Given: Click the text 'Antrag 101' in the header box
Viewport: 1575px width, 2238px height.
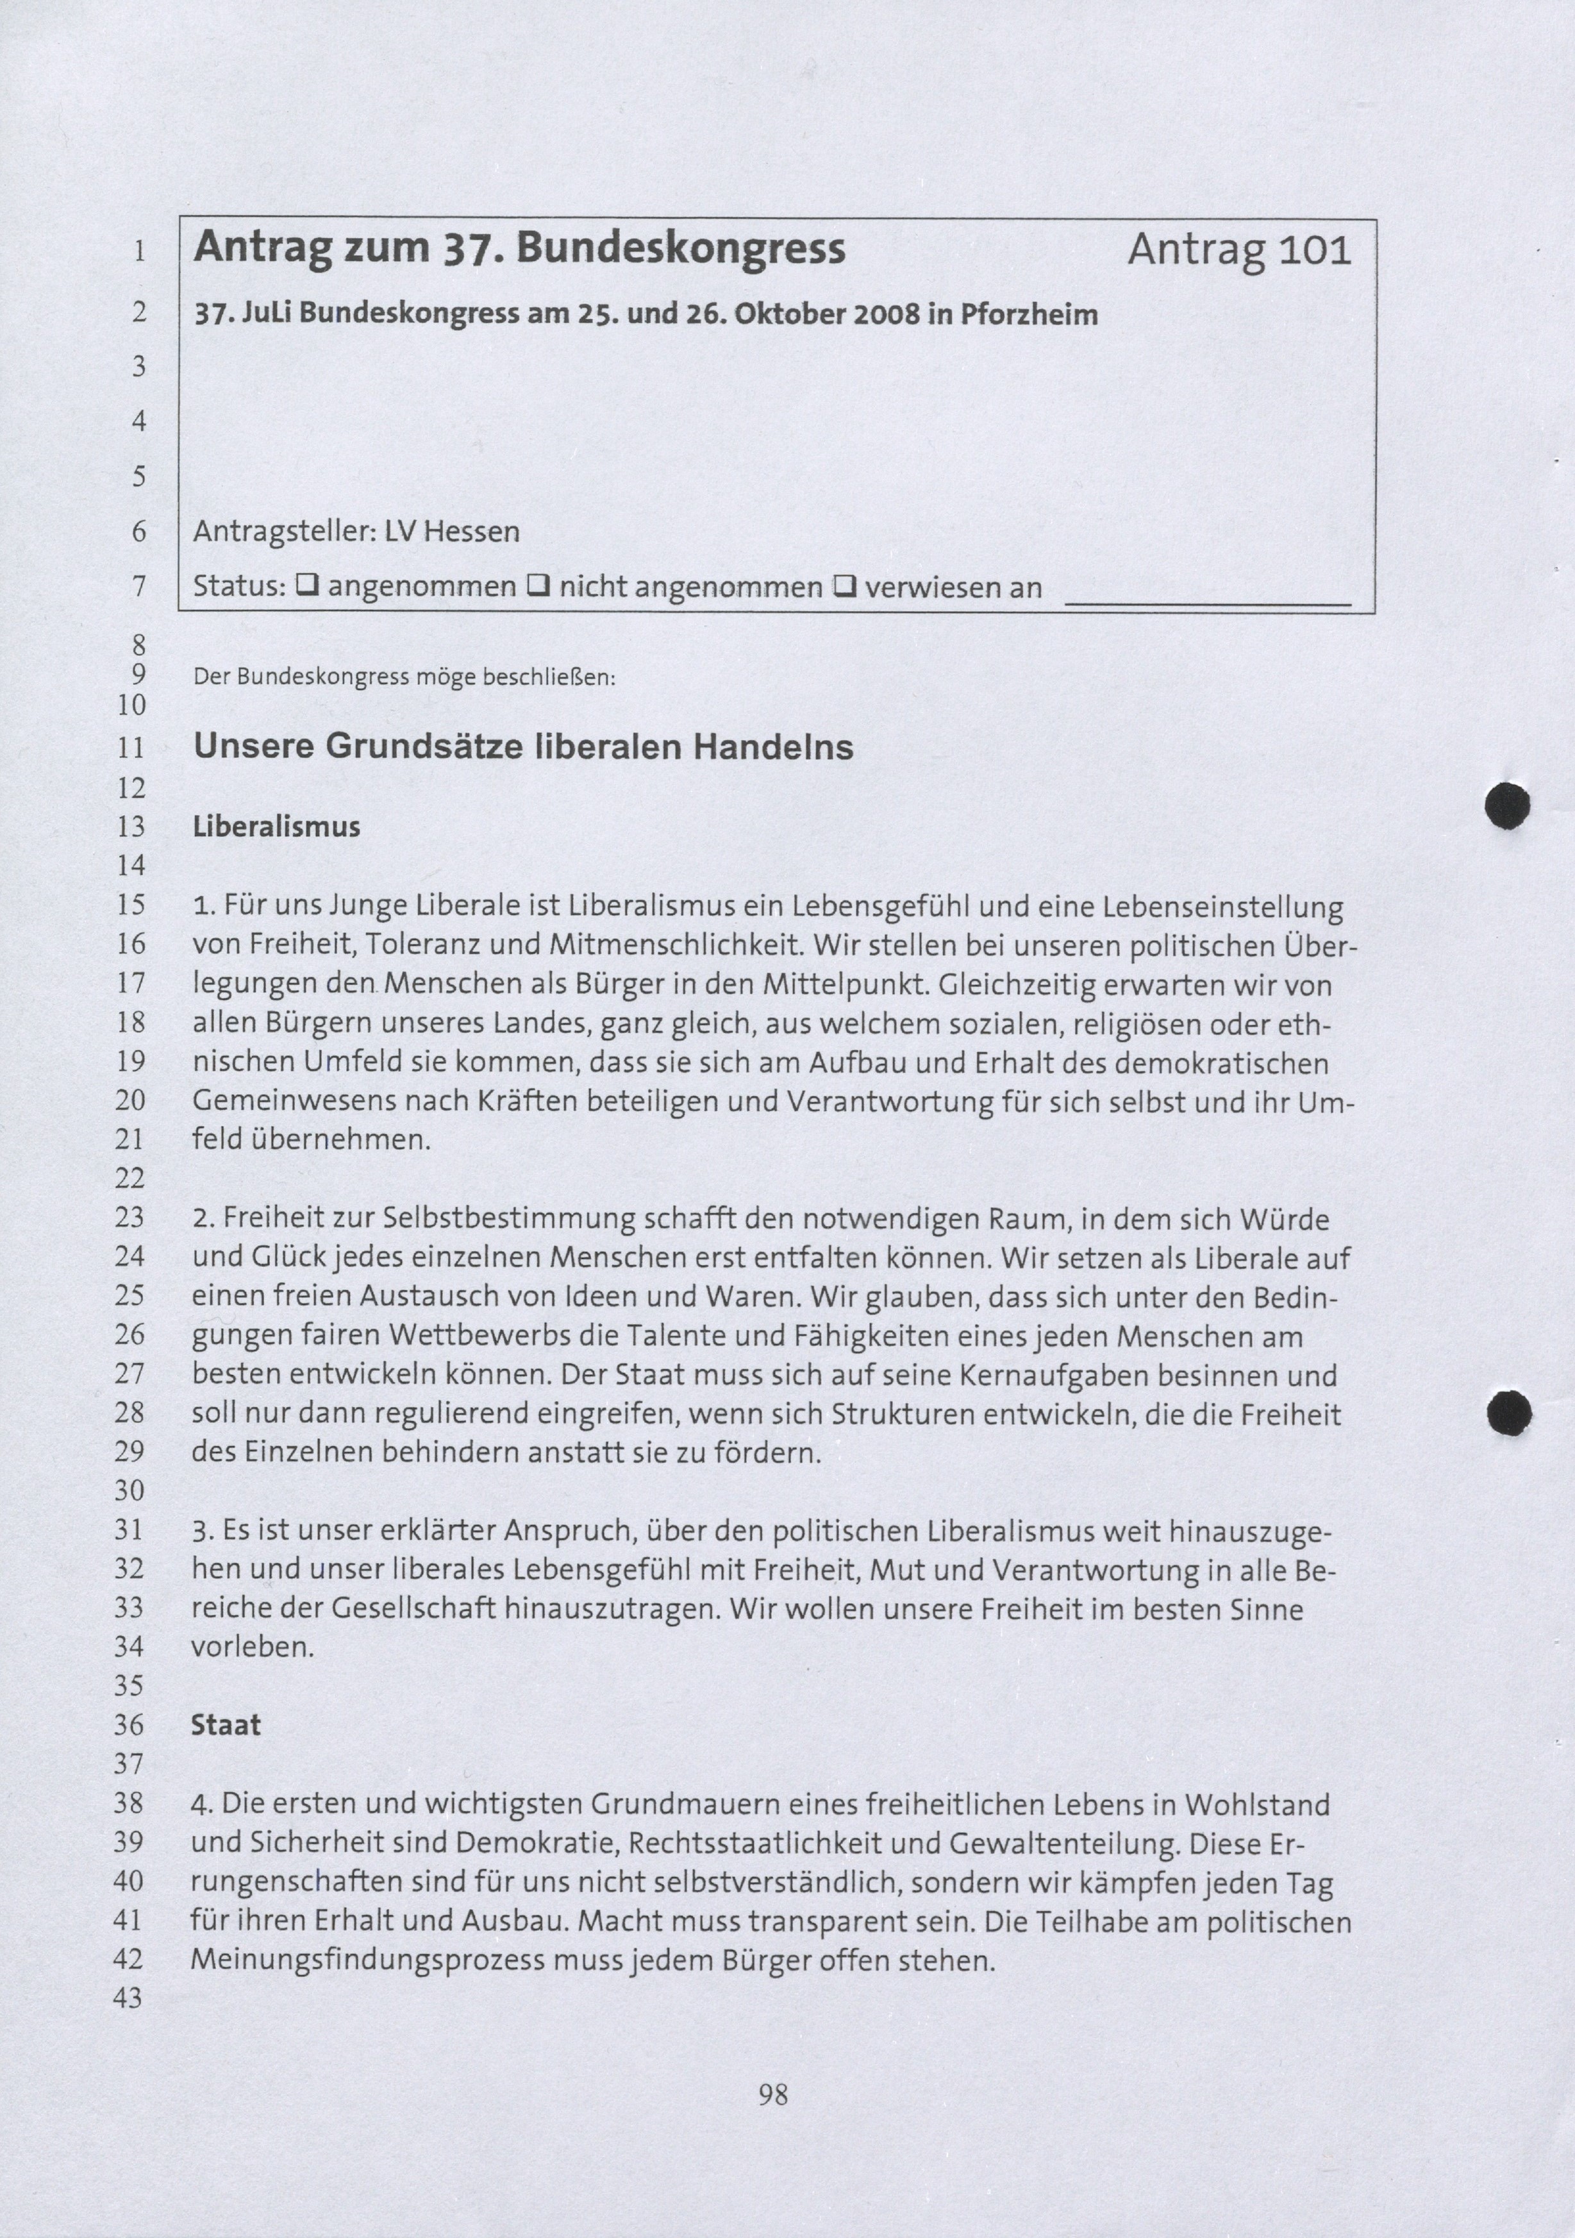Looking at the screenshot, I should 1238,251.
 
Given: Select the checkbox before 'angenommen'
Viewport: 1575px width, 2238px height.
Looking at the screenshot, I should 307,586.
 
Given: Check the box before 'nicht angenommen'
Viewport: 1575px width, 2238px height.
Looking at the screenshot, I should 538,586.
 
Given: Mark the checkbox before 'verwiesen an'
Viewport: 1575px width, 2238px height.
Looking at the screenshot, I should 844,587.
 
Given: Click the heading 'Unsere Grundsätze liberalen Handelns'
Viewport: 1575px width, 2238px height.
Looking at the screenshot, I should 523,748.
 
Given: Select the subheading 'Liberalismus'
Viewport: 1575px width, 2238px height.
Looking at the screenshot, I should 277,827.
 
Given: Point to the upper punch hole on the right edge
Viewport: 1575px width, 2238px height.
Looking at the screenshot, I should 1507,806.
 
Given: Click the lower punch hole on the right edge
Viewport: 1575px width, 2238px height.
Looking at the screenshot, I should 1510,1413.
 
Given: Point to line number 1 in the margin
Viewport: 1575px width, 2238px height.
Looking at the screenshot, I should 139,251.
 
